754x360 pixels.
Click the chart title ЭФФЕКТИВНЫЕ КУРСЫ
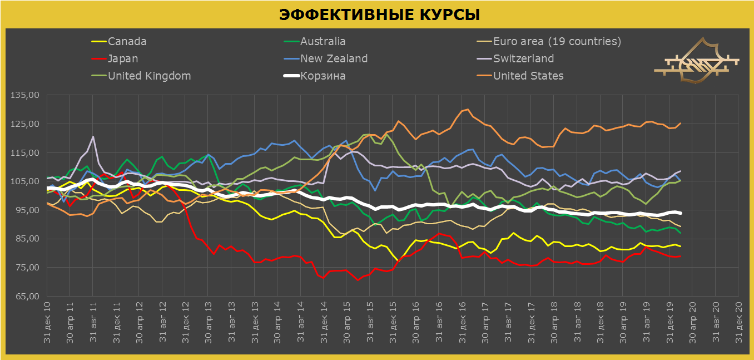coord(379,14)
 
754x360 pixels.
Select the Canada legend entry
coord(127,42)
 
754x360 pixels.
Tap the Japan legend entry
coord(123,59)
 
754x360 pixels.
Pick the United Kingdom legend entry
coord(149,76)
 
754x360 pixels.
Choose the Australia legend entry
coord(323,42)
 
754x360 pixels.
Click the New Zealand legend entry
coord(334,59)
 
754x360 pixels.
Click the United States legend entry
coord(528,76)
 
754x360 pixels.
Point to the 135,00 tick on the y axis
coord(24,95)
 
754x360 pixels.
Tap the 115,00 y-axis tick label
coord(24,153)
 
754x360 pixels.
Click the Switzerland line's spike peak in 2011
coord(93,137)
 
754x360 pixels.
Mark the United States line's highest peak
coord(468,110)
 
